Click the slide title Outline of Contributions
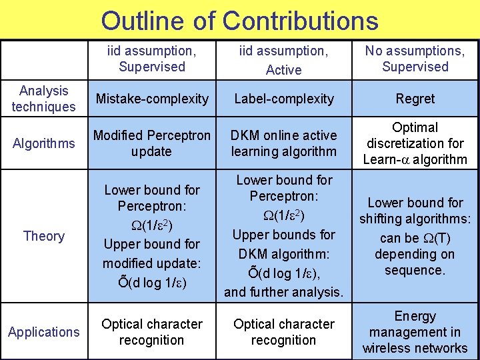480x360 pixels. coord(239,21)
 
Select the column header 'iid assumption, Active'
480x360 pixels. coord(283,59)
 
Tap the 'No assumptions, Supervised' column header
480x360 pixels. coord(415,59)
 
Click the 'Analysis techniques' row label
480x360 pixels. coord(44,99)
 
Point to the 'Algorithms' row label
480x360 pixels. coord(44,143)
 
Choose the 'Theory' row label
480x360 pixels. coord(44,236)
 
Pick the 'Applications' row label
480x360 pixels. coord(44,332)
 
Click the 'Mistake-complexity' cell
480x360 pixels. coord(152,99)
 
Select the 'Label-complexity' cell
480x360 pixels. coord(283,99)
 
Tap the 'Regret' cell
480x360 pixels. coord(415,99)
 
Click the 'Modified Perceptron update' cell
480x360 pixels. coord(152,143)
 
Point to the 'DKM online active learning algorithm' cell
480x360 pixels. coord(283,143)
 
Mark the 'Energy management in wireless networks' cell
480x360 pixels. coord(415,332)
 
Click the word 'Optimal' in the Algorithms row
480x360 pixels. coord(415,127)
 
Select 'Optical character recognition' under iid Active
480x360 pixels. coord(283,332)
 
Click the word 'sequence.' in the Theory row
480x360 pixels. coord(415,270)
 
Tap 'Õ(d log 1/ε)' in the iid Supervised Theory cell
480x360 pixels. coord(152,282)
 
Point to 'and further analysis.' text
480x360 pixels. coord(283,291)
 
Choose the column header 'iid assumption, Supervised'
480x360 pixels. coord(152,59)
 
